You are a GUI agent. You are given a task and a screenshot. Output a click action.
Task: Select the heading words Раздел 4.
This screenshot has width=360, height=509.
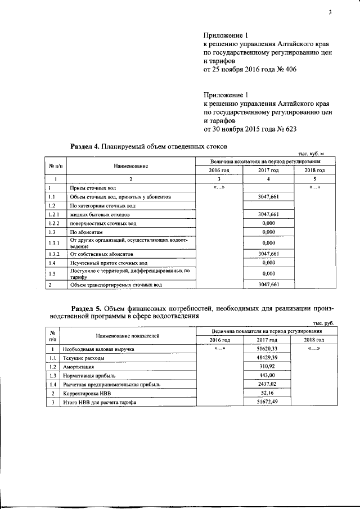(x=84, y=146)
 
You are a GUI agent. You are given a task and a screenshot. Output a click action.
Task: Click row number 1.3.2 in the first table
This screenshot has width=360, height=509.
(x=53, y=254)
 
